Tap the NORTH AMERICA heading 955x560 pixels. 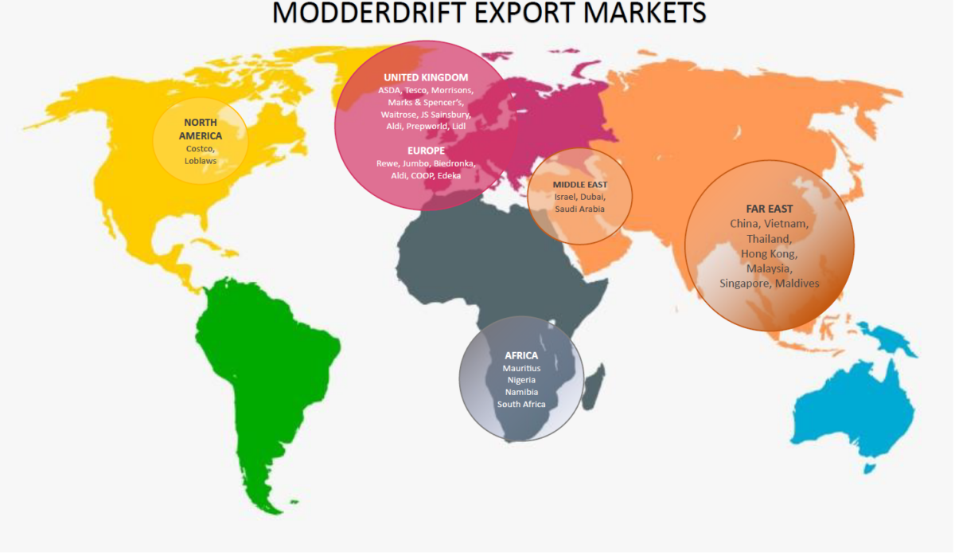click(200, 129)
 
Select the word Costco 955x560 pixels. click(200, 148)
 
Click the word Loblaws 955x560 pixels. click(200, 160)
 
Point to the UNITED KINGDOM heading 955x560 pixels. click(426, 77)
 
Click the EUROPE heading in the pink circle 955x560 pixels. click(426, 151)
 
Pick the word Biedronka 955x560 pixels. click(454, 163)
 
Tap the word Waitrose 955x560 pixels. click(399, 114)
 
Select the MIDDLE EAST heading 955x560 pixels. click(579, 184)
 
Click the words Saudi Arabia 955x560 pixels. click(579, 209)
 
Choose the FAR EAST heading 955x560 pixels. click(769, 209)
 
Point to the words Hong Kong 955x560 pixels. click(769, 253)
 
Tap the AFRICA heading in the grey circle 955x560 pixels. click(521, 355)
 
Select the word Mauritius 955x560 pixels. click(521, 368)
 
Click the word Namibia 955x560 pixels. click(521, 392)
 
